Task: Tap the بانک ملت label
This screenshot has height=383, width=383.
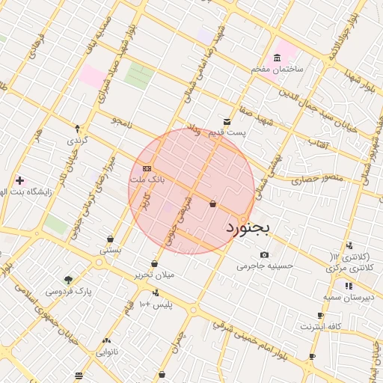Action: click(x=147, y=180)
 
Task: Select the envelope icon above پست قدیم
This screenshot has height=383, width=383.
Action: click(x=227, y=122)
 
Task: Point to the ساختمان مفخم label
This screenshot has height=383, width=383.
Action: click(x=275, y=70)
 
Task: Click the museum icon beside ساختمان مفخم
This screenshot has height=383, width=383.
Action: click(x=278, y=58)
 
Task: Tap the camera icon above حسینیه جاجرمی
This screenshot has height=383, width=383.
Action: click(x=264, y=254)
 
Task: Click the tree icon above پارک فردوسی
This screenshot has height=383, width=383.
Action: click(x=69, y=280)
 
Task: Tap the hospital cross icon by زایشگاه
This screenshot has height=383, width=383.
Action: click(x=19, y=180)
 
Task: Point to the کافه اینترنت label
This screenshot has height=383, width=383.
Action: click(x=320, y=327)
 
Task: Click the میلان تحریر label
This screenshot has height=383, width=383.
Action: click(x=153, y=275)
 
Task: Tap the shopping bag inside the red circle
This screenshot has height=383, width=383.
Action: click(x=213, y=203)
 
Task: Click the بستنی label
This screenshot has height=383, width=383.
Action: click(x=110, y=250)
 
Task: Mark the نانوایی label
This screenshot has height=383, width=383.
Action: click(x=102, y=349)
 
